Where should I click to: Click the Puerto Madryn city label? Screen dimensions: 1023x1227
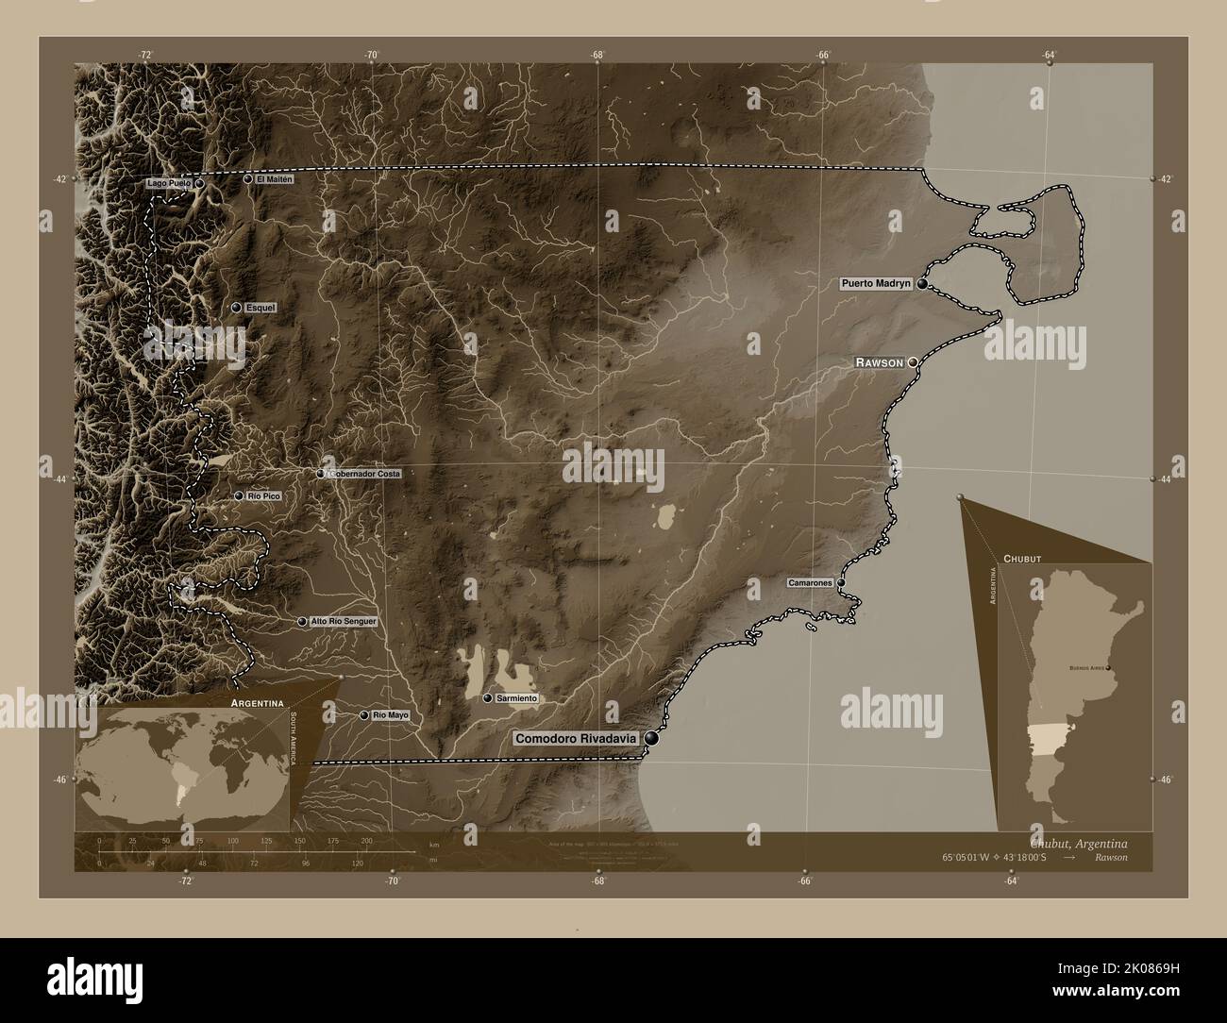(876, 283)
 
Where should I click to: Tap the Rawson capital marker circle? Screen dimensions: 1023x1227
(913, 361)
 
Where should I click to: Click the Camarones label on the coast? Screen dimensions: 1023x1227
(811, 583)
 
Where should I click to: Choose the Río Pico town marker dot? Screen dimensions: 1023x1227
(239, 495)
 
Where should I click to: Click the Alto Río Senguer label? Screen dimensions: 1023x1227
(344, 622)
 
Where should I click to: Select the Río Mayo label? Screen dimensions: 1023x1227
(391, 715)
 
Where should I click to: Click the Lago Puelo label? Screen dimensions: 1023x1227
(169, 183)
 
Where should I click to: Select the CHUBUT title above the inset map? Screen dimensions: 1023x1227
(1022, 559)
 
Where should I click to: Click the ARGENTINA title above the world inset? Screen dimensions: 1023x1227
(252, 704)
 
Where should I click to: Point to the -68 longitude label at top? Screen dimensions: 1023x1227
(597, 56)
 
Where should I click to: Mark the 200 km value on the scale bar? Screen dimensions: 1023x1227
(366, 840)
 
